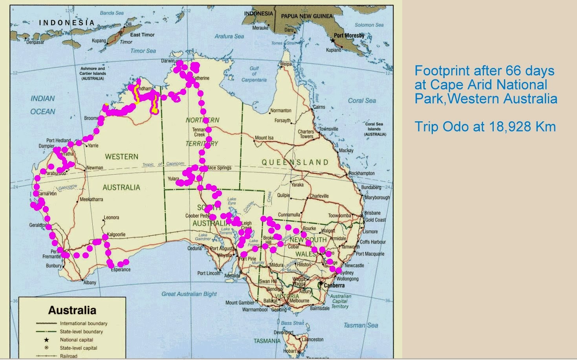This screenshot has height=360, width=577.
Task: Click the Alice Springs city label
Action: (x=219, y=168)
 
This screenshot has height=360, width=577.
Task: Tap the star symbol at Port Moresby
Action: (x=333, y=40)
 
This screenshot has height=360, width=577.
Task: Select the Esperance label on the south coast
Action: (x=121, y=270)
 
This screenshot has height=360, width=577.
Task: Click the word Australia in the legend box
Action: (x=72, y=310)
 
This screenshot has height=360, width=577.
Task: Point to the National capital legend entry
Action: (x=77, y=340)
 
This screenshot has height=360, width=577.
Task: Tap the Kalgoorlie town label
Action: (x=116, y=234)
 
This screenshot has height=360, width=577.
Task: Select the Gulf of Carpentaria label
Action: (x=254, y=74)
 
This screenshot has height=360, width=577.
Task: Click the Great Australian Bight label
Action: (x=189, y=294)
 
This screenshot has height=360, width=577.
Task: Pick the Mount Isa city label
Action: (x=264, y=138)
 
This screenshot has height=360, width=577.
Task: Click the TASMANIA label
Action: (x=267, y=341)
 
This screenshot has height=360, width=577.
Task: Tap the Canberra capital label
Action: (x=334, y=285)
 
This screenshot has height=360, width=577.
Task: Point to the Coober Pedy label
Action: (x=198, y=216)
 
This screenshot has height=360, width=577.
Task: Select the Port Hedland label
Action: (x=59, y=140)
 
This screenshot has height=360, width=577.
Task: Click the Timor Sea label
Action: (x=143, y=51)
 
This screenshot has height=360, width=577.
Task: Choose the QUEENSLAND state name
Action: (x=295, y=162)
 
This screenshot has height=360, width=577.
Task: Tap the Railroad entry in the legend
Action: (x=69, y=356)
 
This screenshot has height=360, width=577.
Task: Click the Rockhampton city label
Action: (x=361, y=173)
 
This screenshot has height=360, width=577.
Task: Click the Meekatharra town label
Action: (x=92, y=199)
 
